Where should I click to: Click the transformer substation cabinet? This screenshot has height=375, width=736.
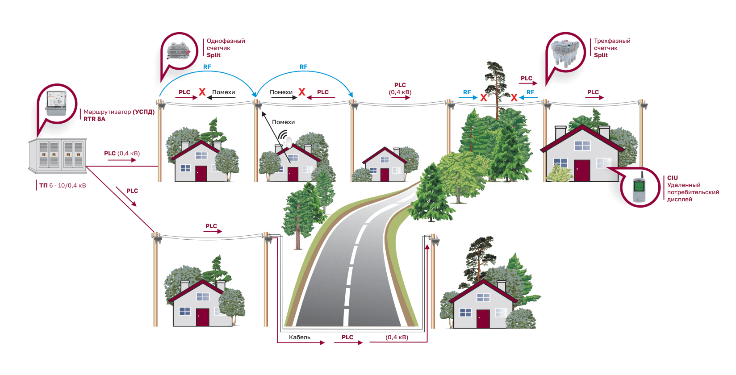tap(57, 155)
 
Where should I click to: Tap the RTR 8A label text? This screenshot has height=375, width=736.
tap(94, 119)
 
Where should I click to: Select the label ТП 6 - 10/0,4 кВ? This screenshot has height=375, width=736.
tap(63, 185)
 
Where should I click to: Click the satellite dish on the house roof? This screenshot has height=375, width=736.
tap(289, 142)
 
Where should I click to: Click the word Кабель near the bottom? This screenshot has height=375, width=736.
tap(299, 337)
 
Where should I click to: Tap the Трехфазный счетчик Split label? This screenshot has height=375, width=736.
tap(611, 48)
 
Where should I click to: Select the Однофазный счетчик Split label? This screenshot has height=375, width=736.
tap(225, 48)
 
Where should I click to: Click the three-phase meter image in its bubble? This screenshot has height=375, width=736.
tap(565, 53)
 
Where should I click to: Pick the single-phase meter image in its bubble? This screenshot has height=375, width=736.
tap(180, 51)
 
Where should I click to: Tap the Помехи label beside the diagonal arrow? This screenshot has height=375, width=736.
tap(283, 122)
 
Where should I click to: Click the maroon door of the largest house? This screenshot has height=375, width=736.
tap(581, 171)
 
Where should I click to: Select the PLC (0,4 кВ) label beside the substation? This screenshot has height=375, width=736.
tap(121, 153)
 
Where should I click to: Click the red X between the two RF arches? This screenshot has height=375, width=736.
tap(302, 92)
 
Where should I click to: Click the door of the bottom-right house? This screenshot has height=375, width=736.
tap(483, 319)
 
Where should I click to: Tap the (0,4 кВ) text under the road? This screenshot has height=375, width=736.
tap(397, 337)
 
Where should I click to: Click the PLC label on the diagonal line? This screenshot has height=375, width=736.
tap(132, 191)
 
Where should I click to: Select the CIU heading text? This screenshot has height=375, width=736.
tap(672, 178)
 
